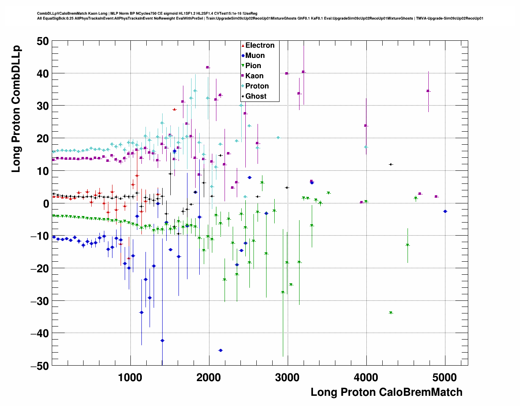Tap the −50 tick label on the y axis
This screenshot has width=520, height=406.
39,366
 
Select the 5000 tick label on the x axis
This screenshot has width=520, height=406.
445,377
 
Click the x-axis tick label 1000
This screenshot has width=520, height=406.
130,377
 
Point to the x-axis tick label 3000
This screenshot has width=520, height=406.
288,377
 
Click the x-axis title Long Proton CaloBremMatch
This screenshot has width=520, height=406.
386,392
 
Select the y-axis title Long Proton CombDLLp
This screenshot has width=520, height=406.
16,109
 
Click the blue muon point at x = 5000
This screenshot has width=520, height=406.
445,211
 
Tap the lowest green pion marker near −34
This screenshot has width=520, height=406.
391,313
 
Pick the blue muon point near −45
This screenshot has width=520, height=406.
220,350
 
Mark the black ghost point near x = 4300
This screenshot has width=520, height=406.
390,164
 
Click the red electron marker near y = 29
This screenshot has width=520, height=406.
174,109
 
